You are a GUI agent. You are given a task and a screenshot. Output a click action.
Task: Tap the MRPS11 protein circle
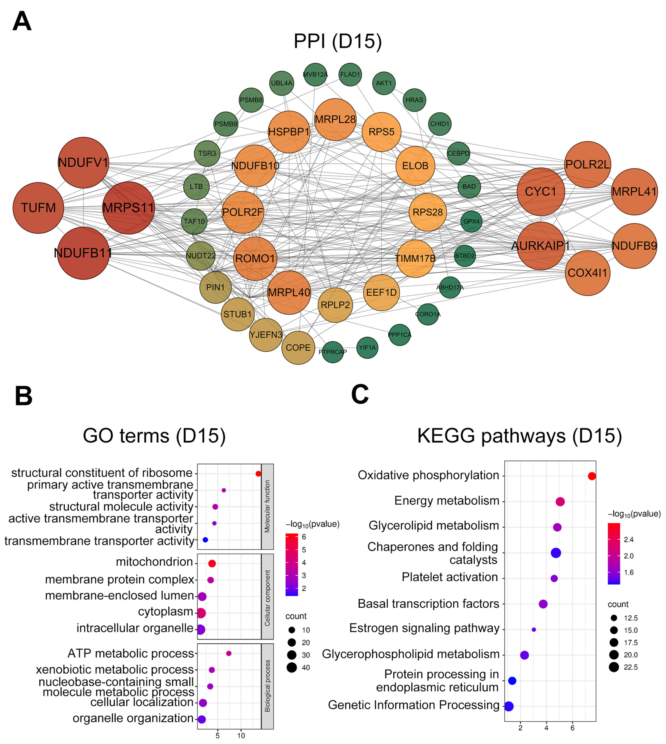128,208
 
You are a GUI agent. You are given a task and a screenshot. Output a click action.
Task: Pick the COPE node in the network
298,348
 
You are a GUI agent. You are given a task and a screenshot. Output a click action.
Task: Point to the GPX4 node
471,221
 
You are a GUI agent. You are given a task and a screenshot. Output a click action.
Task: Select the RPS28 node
427,212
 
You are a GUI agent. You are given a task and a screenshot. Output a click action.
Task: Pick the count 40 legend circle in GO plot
292,667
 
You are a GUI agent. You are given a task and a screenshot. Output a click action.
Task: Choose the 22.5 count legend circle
614,667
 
